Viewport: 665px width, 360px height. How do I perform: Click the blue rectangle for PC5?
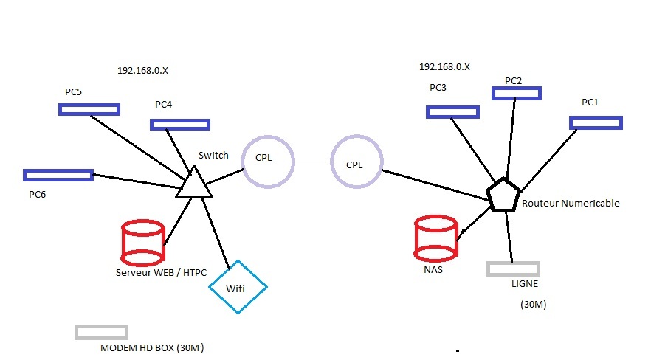(x=89, y=109)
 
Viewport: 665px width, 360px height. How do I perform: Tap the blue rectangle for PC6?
(x=58, y=175)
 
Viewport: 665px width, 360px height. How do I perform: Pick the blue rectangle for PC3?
(x=452, y=112)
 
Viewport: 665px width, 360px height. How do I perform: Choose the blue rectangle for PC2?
(x=517, y=93)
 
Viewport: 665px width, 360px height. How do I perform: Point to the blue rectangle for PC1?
(x=596, y=122)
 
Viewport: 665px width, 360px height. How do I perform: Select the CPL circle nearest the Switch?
(x=267, y=160)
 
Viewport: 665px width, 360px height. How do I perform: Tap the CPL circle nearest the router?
(x=356, y=164)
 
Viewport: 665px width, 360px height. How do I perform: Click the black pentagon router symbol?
(x=504, y=195)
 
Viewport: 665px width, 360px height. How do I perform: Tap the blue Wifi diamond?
(x=237, y=286)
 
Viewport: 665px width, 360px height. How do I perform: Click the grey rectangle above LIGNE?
(x=513, y=269)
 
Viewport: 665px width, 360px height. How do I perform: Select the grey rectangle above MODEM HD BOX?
(x=101, y=332)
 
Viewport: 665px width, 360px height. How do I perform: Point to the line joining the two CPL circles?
(x=311, y=162)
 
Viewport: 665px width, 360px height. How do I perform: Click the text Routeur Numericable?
(x=570, y=203)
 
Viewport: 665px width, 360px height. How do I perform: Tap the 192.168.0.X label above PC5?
(x=142, y=71)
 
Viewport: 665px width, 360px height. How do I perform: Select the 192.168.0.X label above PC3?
(x=444, y=66)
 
